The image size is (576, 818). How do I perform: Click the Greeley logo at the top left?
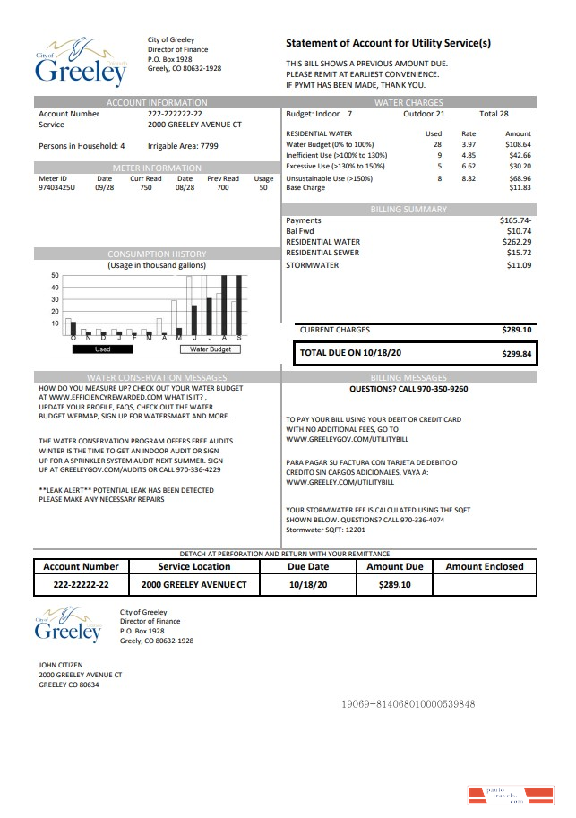tap(81, 60)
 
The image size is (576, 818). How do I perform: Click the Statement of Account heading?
tap(388, 43)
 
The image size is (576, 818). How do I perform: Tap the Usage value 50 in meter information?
tap(263, 188)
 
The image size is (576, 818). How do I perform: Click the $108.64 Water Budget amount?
tap(518, 144)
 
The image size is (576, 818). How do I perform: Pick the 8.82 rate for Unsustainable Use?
tap(469, 178)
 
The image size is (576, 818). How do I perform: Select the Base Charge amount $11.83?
tap(520, 188)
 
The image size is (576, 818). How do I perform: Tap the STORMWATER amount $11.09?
tap(519, 265)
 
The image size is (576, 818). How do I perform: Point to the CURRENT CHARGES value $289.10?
tap(517, 330)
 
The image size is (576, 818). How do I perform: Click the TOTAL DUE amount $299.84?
tap(516, 354)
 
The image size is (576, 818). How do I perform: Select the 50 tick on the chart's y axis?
tap(55, 275)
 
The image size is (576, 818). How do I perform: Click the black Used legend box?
tap(103, 349)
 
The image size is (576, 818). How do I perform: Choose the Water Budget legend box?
tap(211, 349)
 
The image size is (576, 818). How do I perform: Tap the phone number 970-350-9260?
tap(437, 389)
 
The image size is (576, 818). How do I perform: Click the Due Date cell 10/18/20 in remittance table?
tap(308, 584)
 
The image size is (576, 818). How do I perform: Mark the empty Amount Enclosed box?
tap(484, 584)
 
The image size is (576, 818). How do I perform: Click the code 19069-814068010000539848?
tap(408, 704)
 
